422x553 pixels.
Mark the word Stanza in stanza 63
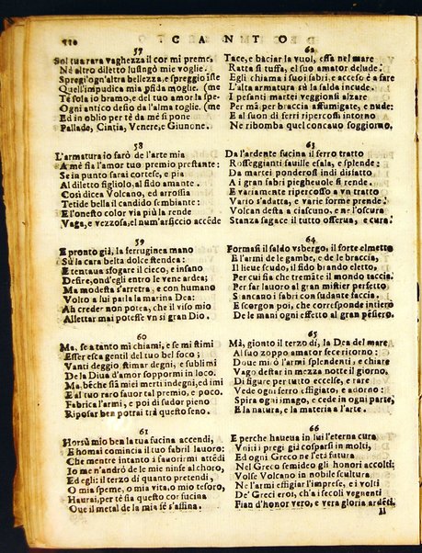[245, 220]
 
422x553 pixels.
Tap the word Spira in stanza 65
[244, 401]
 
